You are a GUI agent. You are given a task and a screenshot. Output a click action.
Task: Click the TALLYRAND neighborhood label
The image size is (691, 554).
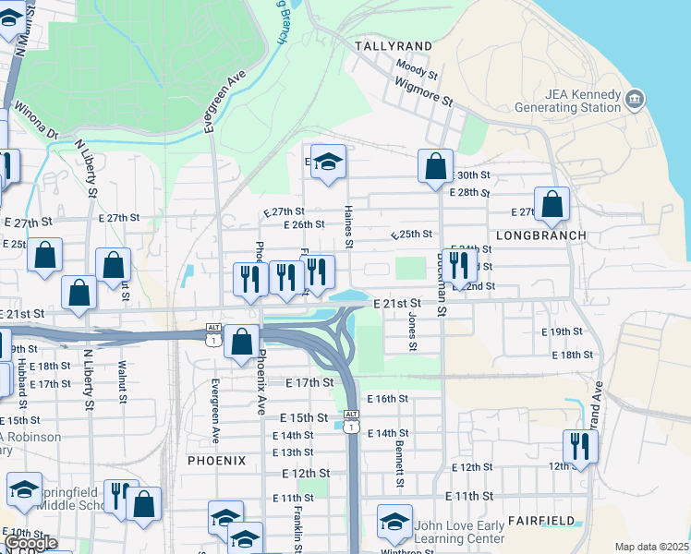coord(394,45)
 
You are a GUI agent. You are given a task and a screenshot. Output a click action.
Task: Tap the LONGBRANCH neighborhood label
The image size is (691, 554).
coord(541,235)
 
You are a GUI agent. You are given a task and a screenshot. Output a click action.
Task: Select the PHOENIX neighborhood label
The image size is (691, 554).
coord(217,460)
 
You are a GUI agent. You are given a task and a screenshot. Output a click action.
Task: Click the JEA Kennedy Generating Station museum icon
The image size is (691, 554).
coord(635,99)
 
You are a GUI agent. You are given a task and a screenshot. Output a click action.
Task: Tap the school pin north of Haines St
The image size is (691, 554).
coord(327,163)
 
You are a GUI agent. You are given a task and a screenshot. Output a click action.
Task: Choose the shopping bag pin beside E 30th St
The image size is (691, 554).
coord(435,167)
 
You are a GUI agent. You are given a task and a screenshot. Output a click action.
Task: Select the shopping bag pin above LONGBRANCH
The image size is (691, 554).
coord(552,205)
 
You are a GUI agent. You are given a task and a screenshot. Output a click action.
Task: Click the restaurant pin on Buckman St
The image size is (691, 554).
coord(459,266)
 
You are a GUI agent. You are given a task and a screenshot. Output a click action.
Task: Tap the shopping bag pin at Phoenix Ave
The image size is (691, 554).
coord(241,342)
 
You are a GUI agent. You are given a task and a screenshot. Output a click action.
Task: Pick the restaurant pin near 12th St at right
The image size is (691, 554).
coord(580,446)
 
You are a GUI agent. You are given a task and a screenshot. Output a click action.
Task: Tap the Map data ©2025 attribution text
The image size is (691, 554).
coord(650,547)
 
